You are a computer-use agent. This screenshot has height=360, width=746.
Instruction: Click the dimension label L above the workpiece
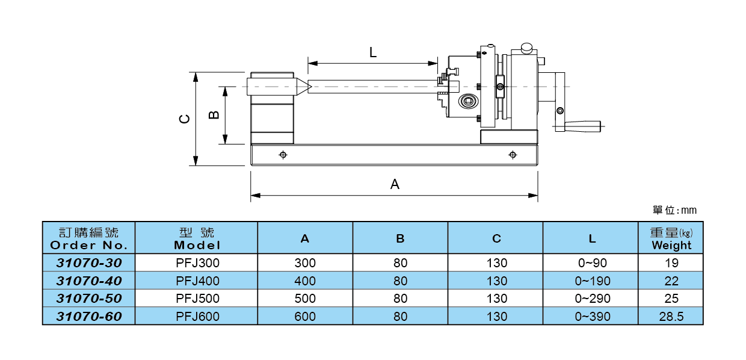point(373,52)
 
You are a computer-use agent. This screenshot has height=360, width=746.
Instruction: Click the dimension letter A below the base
point(395,184)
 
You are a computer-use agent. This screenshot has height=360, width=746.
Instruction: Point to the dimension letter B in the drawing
point(213,114)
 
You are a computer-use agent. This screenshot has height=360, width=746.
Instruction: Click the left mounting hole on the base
point(283,155)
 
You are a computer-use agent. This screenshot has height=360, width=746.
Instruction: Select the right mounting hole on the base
point(512,155)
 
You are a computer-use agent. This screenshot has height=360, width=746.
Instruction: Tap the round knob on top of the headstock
point(526,47)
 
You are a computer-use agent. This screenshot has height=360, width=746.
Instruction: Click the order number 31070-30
point(88,263)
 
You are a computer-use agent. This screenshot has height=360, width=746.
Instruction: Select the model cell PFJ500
point(197,299)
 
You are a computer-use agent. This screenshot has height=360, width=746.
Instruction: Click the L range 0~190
point(592,281)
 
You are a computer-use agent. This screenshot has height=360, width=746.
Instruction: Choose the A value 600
point(305,317)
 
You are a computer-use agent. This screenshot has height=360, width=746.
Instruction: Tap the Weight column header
point(671,239)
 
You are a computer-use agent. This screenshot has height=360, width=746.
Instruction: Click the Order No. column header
point(88,239)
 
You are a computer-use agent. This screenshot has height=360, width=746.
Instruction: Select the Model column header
point(197,239)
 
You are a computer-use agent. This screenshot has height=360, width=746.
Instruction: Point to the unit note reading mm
point(674,210)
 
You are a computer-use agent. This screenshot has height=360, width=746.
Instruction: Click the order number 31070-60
point(88,317)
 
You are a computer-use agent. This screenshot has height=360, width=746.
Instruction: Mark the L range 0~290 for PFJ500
point(592,299)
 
